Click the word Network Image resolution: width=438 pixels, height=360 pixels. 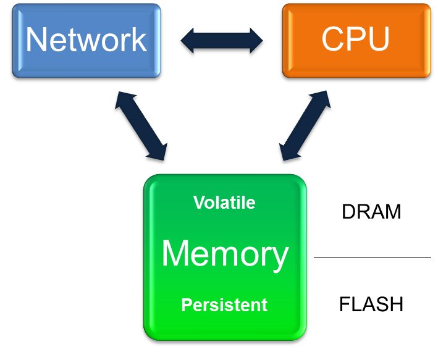coord(86,40)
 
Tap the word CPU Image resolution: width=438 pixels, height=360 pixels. coord(355,40)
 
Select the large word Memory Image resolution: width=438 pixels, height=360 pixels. coord(225,254)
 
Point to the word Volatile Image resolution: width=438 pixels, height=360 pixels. coord(224,203)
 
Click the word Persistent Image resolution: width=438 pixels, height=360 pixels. coord(224,304)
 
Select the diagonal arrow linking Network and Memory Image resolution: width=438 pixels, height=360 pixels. coord(141,126)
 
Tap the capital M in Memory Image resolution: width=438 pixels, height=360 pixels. coord(176,254)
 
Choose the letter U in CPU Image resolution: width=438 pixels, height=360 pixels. coord(378,40)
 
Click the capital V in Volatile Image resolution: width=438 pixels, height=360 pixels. coord(199,203)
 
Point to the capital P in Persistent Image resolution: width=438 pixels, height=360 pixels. coord(187,304)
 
